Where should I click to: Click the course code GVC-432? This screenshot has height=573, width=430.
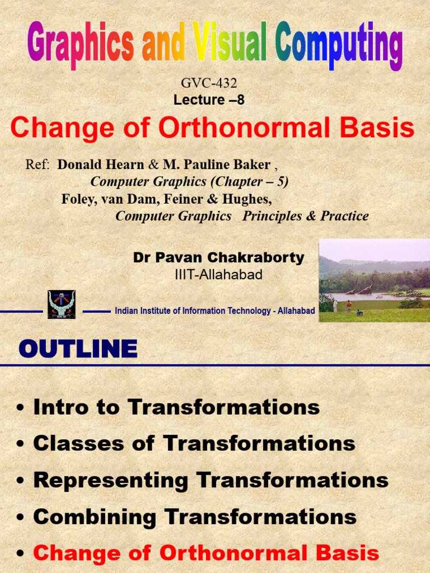(x=209, y=83)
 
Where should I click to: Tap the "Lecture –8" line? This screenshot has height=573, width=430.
(x=209, y=100)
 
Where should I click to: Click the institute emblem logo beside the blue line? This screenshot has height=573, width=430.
(x=62, y=304)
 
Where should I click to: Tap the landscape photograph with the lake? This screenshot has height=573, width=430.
(x=374, y=280)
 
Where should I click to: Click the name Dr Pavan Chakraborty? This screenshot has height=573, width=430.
(x=218, y=257)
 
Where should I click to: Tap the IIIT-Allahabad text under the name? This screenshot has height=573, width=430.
(x=218, y=275)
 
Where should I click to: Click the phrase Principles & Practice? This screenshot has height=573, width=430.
(x=305, y=216)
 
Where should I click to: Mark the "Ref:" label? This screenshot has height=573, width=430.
(x=38, y=165)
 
